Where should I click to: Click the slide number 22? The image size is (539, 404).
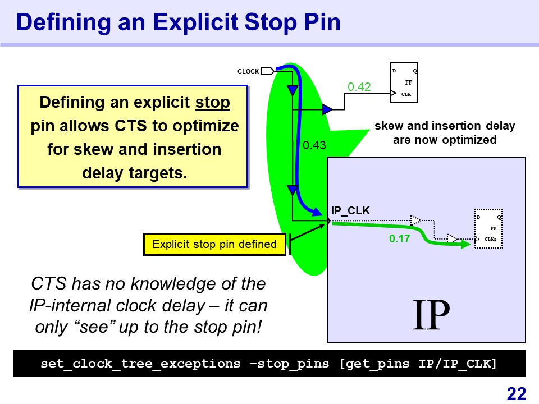click(x=517, y=394)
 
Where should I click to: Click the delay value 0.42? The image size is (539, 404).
click(x=359, y=86)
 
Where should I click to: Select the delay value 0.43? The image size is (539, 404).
click(x=314, y=145)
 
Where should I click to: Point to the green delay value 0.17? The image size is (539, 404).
click(x=399, y=238)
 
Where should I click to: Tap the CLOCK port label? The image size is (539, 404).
click(x=248, y=71)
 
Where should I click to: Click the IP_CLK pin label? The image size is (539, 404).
click(x=350, y=210)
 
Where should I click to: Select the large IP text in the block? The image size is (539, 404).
click(x=431, y=314)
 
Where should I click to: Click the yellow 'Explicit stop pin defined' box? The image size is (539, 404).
click(x=214, y=244)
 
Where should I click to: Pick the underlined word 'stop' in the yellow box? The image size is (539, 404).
click(x=213, y=102)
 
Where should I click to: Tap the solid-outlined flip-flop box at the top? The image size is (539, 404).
click(x=404, y=82)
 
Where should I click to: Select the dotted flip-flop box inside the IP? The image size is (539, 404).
click(x=488, y=228)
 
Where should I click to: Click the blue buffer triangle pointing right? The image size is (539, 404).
click(x=327, y=109)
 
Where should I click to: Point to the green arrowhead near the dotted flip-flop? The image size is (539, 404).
click(x=465, y=244)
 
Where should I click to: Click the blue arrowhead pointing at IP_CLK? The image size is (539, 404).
click(x=317, y=212)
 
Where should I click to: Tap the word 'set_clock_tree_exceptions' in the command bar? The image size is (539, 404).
click(x=140, y=364)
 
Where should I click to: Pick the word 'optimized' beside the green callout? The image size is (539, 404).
click(x=469, y=140)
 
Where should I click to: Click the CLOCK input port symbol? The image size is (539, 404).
click(x=268, y=71)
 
